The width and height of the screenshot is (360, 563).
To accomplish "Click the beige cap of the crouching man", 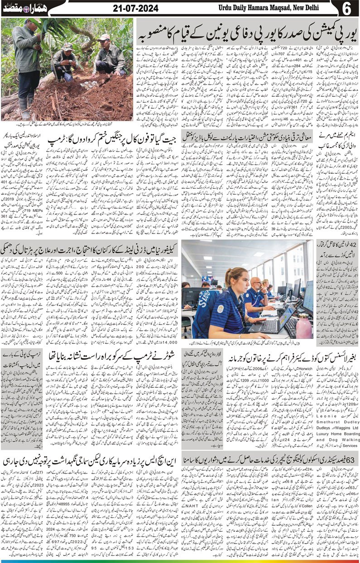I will (105, 38).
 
